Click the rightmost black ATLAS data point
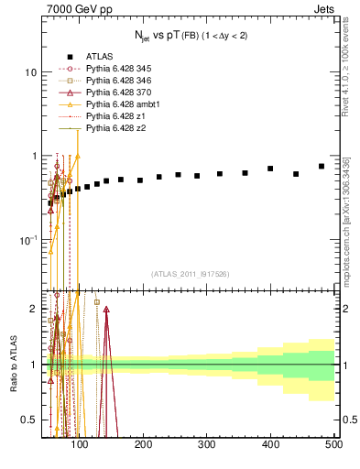(322, 166)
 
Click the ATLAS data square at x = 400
(270, 169)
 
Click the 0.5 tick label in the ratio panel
(27, 420)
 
